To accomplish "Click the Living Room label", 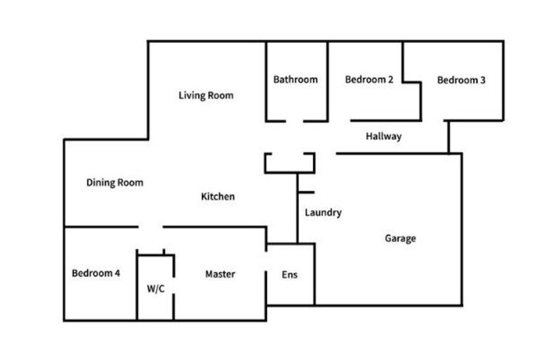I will click(x=206, y=96).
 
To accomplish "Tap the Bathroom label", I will click(x=295, y=79).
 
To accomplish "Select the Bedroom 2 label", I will click(x=369, y=79).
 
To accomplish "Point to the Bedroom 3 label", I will click(x=461, y=80).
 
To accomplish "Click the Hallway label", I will click(x=384, y=136).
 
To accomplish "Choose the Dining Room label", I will click(x=115, y=183).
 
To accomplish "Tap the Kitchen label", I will click(x=218, y=197).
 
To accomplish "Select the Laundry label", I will click(x=323, y=212).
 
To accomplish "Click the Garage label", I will click(x=400, y=238).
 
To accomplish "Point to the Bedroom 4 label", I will click(x=96, y=274).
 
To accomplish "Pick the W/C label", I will click(x=155, y=289).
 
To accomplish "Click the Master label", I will click(x=220, y=274).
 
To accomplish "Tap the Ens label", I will click(x=290, y=275).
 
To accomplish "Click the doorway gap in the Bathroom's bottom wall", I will click(x=295, y=121).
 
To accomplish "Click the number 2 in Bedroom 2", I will click(x=390, y=79).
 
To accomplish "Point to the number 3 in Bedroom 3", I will click(x=482, y=80).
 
